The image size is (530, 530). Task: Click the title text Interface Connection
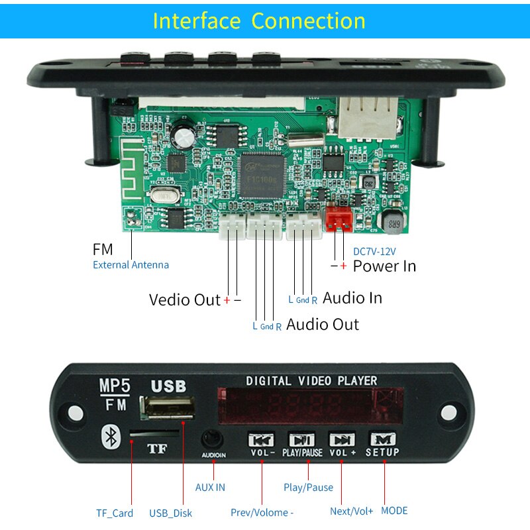pyautogui.click(x=259, y=21)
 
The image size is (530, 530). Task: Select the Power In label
pyautogui.click(x=384, y=266)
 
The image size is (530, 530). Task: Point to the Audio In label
pyautogui.click(x=352, y=298)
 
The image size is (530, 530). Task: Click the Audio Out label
pyautogui.click(x=322, y=325)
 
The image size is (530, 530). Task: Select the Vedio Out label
pyautogui.click(x=184, y=299)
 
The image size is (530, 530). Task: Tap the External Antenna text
pyautogui.click(x=131, y=265)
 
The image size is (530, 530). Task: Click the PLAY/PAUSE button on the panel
pyautogui.click(x=302, y=440)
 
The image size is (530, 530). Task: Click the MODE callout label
pyautogui.click(x=394, y=511)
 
